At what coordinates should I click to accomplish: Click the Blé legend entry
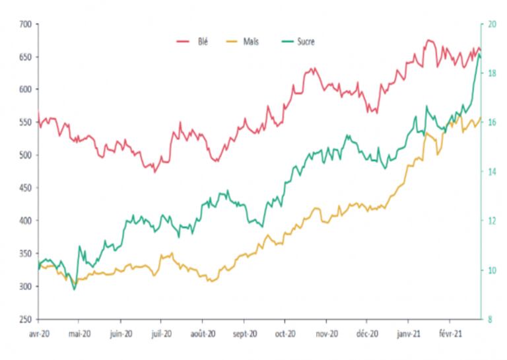coord(202,42)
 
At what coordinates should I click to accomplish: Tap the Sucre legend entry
coord(306,42)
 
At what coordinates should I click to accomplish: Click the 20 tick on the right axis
coord(491,24)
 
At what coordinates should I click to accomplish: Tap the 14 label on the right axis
coord(491,172)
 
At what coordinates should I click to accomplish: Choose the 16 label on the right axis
coord(491,123)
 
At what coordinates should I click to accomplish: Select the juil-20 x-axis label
coord(162,335)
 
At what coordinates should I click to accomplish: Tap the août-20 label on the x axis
coord(202,335)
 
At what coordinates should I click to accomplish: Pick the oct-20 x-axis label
coord(285,335)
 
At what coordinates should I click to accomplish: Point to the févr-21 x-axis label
coord(450,335)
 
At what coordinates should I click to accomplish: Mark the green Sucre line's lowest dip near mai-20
coord(74,289)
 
